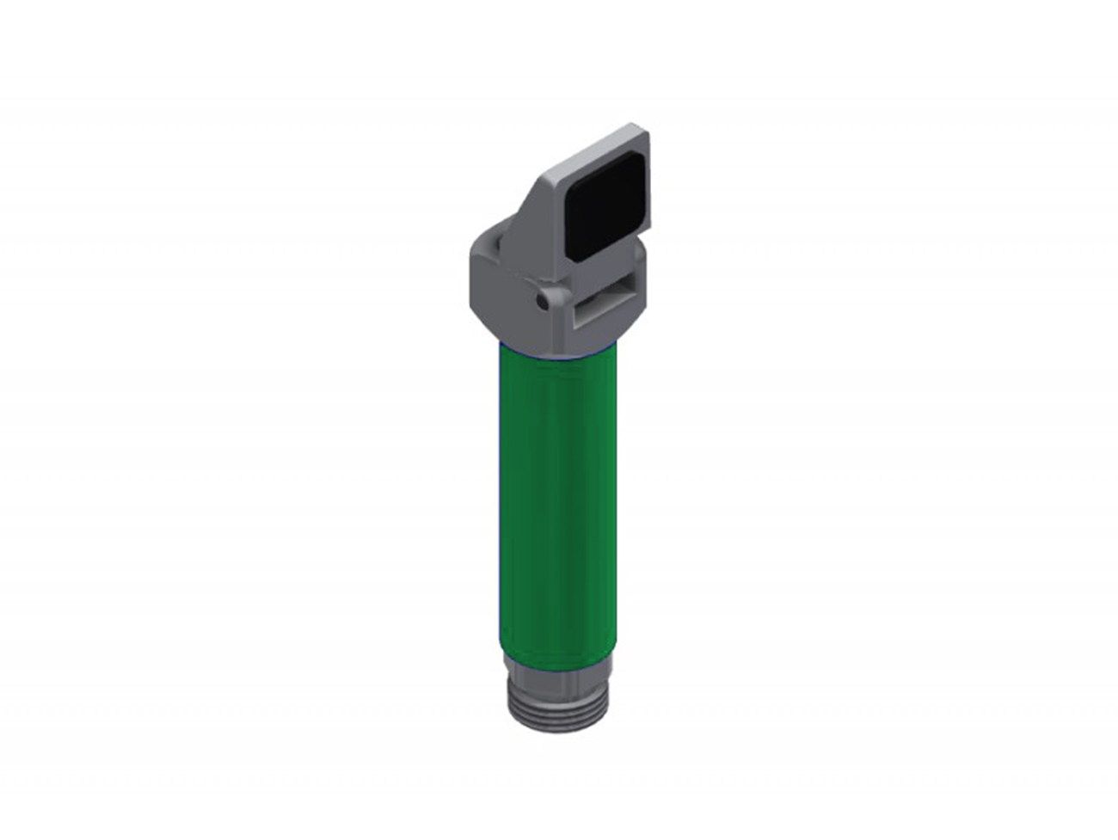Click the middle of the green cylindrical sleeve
(x=557, y=507)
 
